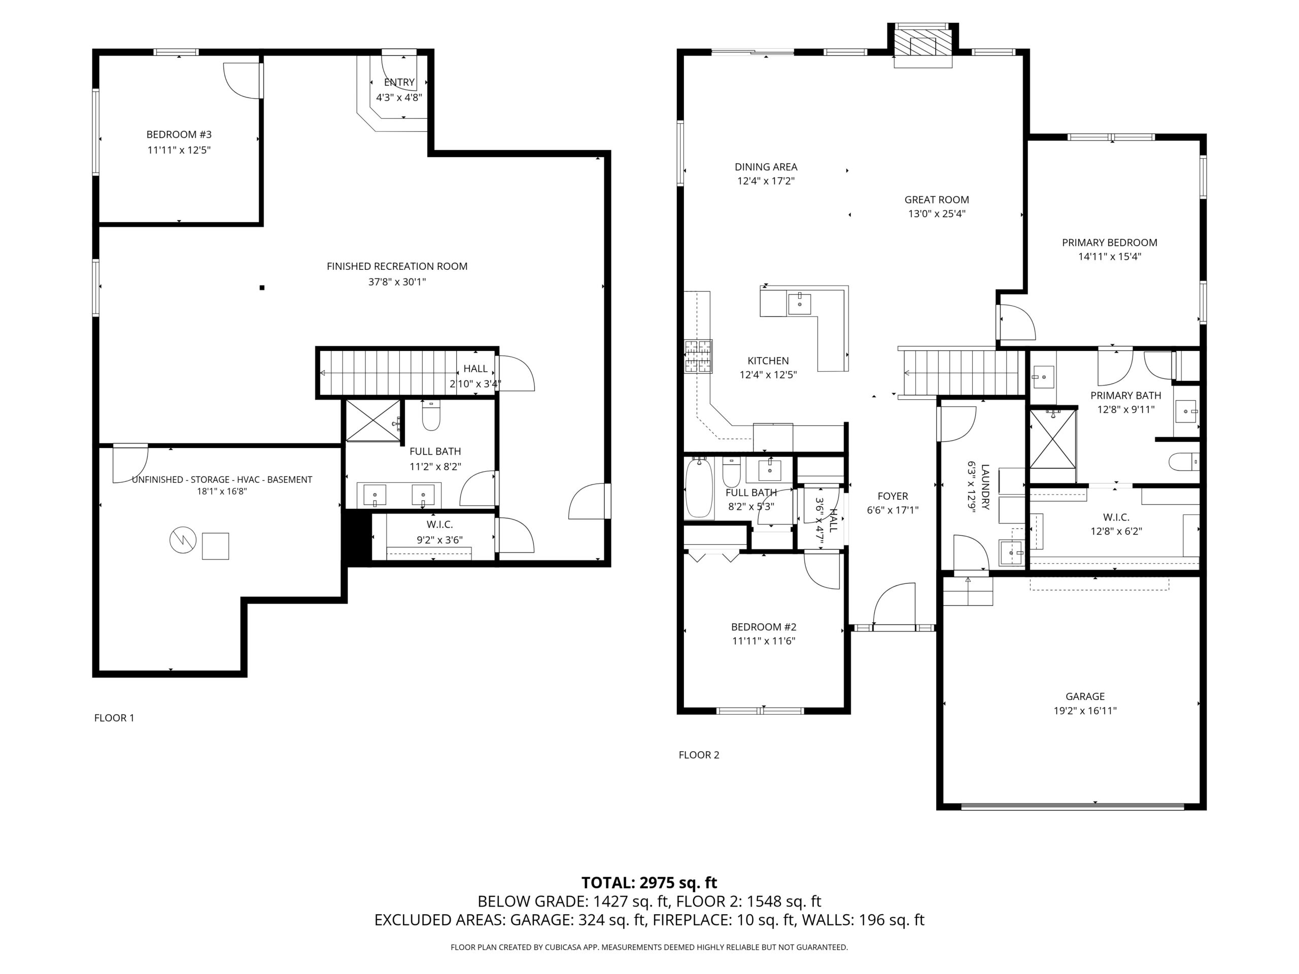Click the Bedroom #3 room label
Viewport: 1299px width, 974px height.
pyautogui.click(x=179, y=135)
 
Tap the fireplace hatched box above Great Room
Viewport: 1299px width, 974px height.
pyautogui.click(x=922, y=43)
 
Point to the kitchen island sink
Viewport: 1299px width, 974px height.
pyautogui.click(x=799, y=304)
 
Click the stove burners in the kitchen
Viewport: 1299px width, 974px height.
pyautogui.click(x=698, y=356)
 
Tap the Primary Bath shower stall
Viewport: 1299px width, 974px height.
pyautogui.click(x=1053, y=439)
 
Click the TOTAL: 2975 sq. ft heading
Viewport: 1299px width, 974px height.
pyautogui.click(x=649, y=882)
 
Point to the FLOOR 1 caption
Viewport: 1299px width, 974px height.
pyautogui.click(x=114, y=717)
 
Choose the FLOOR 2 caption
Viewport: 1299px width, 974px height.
pyautogui.click(x=699, y=755)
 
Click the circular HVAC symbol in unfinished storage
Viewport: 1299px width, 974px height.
pyautogui.click(x=183, y=540)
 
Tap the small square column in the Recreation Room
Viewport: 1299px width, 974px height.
pyautogui.click(x=262, y=288)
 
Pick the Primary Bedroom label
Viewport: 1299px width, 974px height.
pyautogui.click(x=1109, y=242)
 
